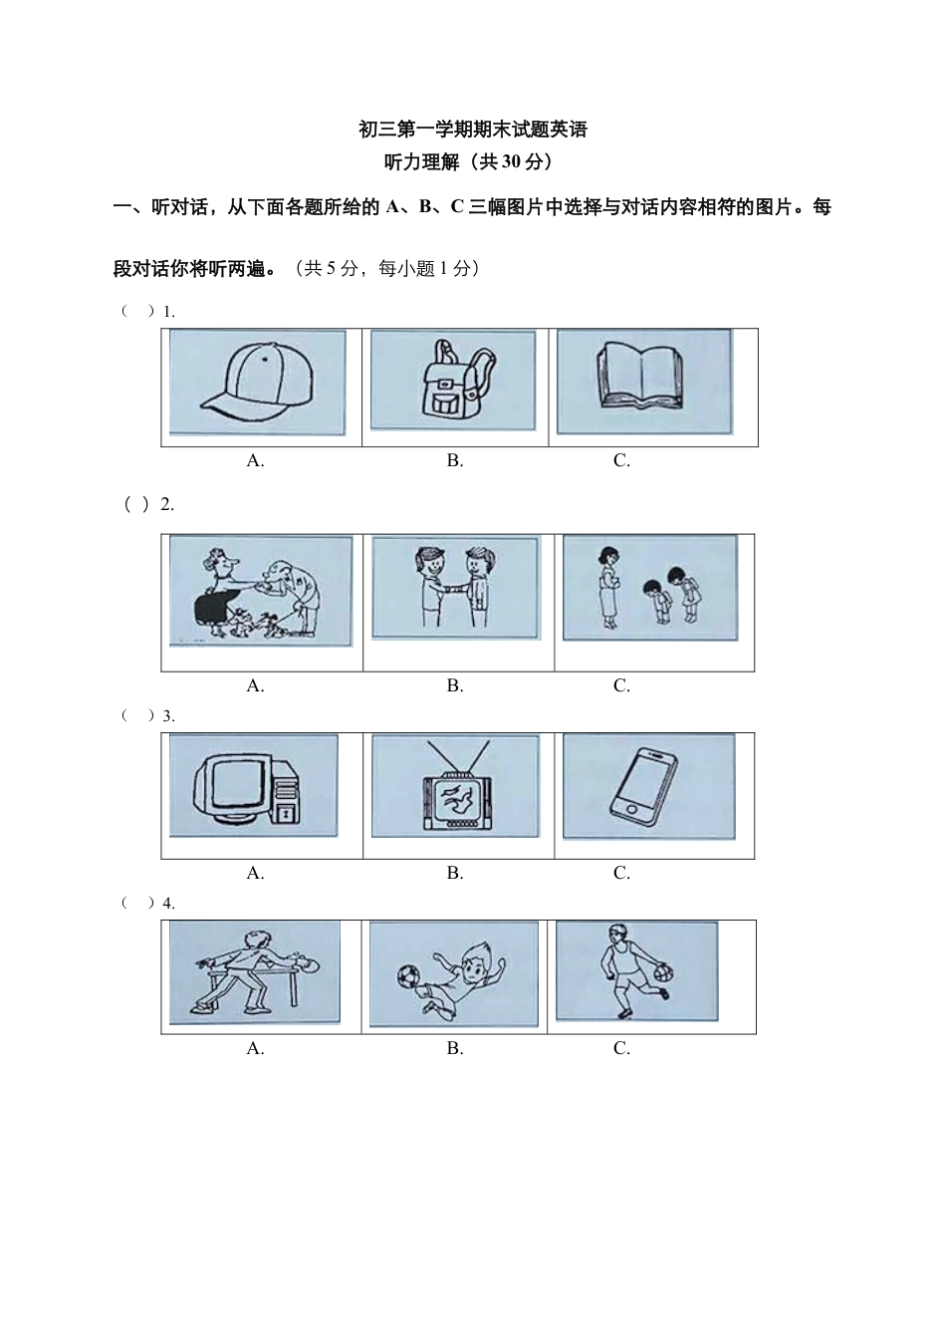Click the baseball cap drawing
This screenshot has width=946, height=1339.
(x=258, y=384)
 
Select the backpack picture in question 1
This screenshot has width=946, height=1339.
(x=454, y=383)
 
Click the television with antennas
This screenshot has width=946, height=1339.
(x=456, y=788)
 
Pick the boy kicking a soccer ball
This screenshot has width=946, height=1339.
(x=454, y=974)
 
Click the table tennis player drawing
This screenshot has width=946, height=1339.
(x=256, y=972)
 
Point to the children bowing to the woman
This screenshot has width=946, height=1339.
(x=650, y=587)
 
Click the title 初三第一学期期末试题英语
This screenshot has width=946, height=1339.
(x=473, y=130)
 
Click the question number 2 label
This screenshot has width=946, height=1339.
(x=167, y=504)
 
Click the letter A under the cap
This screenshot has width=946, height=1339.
(x=255, y=460)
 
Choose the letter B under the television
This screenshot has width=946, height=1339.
(x=454, y=873)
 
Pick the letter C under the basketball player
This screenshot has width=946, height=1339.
(x=621, y=1048)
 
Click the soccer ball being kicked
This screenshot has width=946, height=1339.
(x=407, y=974)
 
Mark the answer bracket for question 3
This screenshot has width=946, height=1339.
(x=138, y=715)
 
